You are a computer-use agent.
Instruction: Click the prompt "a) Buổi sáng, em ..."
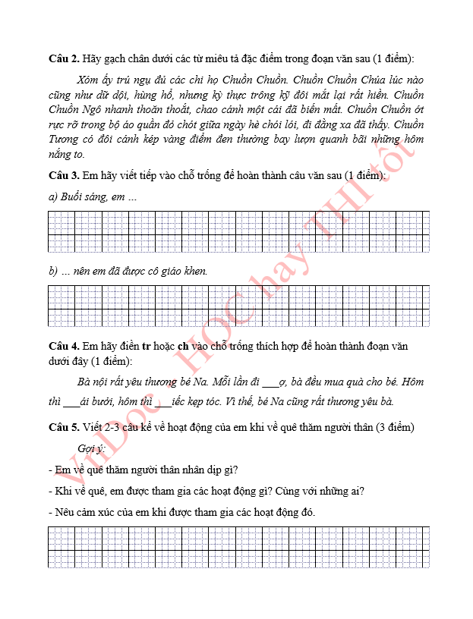coord(93,197)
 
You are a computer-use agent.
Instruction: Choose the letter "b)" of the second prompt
coord(53,271)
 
